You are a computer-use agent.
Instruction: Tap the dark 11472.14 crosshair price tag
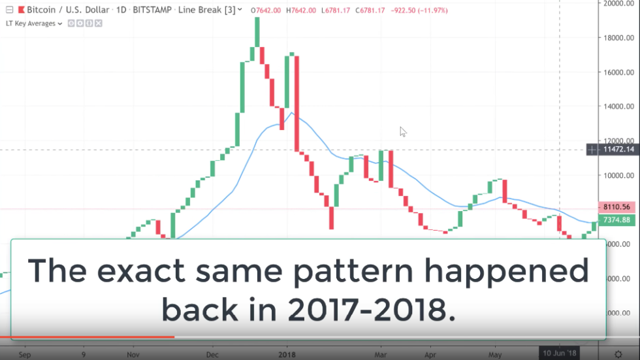(x=617, y=150)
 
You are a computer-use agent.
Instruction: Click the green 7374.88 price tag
(x=617, y=220)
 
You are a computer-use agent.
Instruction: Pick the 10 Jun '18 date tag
(x=560, y=353)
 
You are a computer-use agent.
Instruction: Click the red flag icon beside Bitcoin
(x=21, y=10)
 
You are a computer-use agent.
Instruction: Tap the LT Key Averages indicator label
(x=31, y=24)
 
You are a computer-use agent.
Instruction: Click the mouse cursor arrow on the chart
(x=402, y=131)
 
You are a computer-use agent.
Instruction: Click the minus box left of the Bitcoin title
(x=8, y=10)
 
